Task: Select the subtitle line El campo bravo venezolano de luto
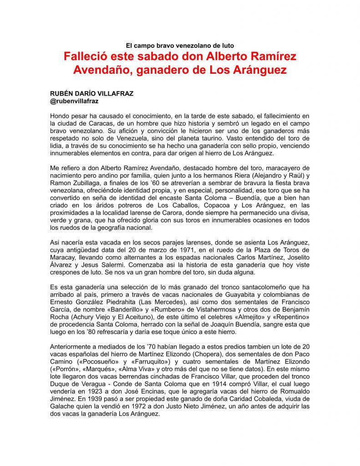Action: (180, 45)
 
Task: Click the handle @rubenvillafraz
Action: (75, 101)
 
